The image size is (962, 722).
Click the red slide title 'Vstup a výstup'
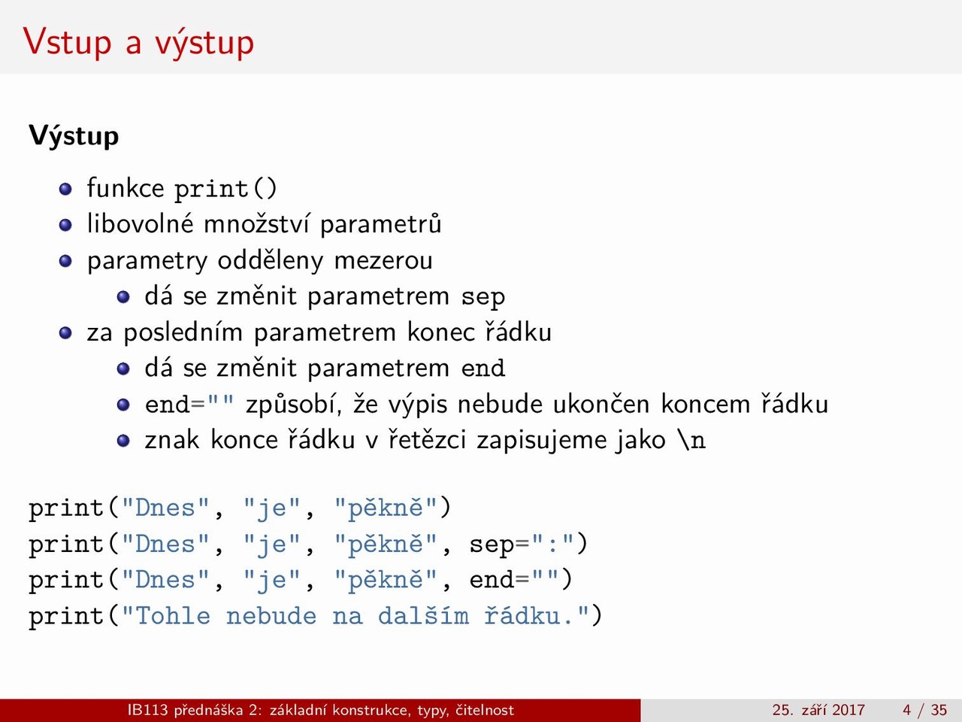pyautogui.click(x=138, y=43)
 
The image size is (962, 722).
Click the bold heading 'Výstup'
pyautogui.click(x=74, y=136)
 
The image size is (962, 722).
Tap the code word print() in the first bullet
pyautogui.click(x=225, y=189)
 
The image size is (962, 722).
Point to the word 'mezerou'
pyautogui.click(x=383, y=260)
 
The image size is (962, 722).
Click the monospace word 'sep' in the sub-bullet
pyautogui.click(x=483, y=298)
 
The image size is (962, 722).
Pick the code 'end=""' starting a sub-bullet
pyautogui.click(x=189, y=403)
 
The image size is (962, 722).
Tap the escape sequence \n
pyautogui.click(x=691, y=440)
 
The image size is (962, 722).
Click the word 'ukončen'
pyautogui.click(x=600, y=404)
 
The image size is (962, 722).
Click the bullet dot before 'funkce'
pyautogui.click(x=65, y=189)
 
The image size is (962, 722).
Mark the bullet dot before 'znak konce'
pyautogui.click(x=123, y=440)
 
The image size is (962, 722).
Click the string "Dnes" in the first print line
pyautogui.click(x=165, y=508)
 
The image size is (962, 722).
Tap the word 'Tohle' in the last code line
pyautogui.click(x=173, y=616)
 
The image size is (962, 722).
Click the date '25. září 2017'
pyautogui.click(x=818, y=710)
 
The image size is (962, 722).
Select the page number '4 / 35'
pyautogui.click(x=924, y=710)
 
